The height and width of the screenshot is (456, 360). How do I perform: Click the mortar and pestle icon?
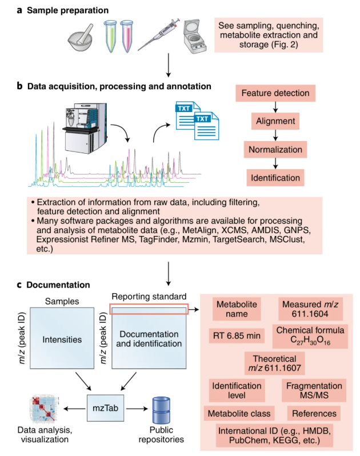click(x=80, y=39)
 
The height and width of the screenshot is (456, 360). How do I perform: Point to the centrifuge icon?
click(x=194, y=36)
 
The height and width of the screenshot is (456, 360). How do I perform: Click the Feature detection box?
click(x=275, y=93)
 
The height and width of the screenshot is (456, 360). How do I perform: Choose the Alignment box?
click(x=275, y=121)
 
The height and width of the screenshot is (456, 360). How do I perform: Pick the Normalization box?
click(x=275, y=150)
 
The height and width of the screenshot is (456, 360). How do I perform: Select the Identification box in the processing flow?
click(x=275, y=178)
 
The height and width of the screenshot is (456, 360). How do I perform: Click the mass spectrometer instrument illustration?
click(x=85, y=127)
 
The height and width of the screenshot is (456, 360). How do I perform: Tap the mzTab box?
click(x=106, y=408)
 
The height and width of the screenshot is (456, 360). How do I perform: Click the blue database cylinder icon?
click(x=161, y=410)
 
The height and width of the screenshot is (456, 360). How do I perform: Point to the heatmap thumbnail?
click(x=45, y=409)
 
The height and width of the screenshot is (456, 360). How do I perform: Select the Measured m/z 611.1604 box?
click(x=310, y=309)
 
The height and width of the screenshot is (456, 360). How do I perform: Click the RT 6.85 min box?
click(x=237, y=336)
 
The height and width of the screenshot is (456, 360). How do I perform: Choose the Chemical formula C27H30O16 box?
click(x=310, y=336)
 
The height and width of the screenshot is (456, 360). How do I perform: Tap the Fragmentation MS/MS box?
click(x=314, y=390)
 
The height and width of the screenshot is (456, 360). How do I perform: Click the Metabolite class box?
click(x=239, y=413)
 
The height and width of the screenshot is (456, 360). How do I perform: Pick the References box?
click(x=314, y=413)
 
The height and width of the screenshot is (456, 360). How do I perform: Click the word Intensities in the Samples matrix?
click(x=62, y=339)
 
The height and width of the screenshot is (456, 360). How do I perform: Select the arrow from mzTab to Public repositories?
click(x=137, y=409)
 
